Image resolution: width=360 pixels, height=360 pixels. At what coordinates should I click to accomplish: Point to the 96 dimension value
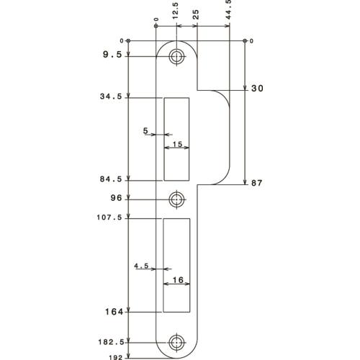pos(115,197)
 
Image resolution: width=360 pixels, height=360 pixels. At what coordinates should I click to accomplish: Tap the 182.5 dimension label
pos(112,343)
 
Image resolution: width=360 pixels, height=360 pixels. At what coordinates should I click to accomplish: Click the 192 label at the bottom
pos(116,355)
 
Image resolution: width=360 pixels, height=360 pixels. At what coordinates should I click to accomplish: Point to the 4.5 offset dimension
pos(141,266)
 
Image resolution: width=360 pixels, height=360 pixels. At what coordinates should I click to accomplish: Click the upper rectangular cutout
pos(176,138)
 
